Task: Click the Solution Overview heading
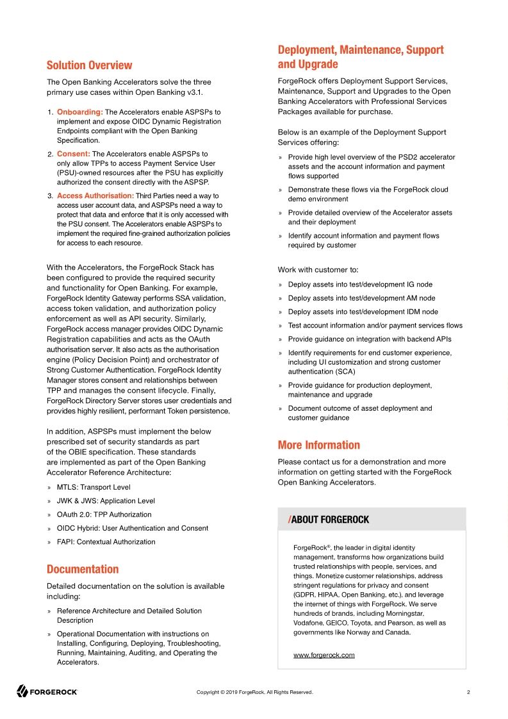[x=89, y=65]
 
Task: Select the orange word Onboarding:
[x=80, y=112]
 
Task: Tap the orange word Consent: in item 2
[x=73, y=154]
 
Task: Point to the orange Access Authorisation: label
[x=95, y=195]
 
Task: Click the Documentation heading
[x=83, y=569]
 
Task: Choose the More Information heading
[x=318, y=445]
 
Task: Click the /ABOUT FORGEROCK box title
[x=329, y=519]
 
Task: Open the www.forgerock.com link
[x=324, y=655]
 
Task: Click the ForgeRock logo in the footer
[x=47, y=692]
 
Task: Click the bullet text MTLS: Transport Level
[x=94, y=487]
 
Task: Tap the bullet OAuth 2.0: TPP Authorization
[x=104, y=515]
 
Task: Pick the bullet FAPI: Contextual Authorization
[x=106, y=541]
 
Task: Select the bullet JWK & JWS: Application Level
[x=106, y=501]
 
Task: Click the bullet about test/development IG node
[x=360, y=285]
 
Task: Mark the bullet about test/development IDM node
[x=363, y=311]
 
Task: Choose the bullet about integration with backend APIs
[x=370, y=339]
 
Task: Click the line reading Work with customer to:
[x=318, y=270]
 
